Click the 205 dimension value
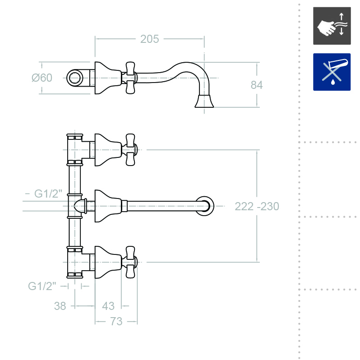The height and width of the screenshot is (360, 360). [x=149, y=39]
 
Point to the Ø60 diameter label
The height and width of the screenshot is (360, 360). [x=42, y=78]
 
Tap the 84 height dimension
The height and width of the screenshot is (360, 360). [x=256, y=85]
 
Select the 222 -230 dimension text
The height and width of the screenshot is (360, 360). [x=257, y=207]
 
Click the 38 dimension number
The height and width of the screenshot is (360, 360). [x=60, y=306]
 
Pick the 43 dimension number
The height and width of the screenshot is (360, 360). [x=108, y=306]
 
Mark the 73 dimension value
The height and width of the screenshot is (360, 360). [x=116, y=322]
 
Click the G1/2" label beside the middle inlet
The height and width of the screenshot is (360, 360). [x=48, y=194]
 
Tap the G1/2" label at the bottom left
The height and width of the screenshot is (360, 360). [x=42, y=286]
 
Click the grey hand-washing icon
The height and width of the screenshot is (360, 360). [x=332, y=26]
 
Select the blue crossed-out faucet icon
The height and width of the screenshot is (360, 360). [x=332, y=72]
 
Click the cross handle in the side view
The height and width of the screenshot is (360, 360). [x=130, y=78]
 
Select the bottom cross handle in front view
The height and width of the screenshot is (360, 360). [x=131, y=262]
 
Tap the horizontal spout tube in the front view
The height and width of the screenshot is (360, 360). [x=162, y=207]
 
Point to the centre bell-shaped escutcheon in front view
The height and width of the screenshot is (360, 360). [x=107, y=206]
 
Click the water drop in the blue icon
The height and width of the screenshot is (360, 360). [x=332, y=83]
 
